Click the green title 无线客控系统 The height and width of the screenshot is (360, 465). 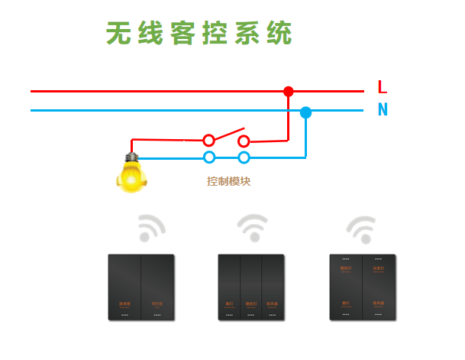(199, 33)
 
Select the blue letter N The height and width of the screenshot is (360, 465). (383, 110)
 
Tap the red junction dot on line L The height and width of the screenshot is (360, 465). (288, 92)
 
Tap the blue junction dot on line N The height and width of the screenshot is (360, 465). (305, 112)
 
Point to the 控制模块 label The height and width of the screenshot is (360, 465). (228, 182)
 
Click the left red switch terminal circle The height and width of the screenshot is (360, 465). (208, 141)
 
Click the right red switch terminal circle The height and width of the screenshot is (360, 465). (244, 141)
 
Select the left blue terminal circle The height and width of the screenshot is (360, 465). (208, 157)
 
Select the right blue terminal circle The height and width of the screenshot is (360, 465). (244, 157)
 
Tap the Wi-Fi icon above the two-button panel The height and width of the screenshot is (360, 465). (151, 228)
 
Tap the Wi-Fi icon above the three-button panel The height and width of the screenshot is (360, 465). (252, 227)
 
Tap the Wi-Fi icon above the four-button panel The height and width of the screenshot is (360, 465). (361, 227)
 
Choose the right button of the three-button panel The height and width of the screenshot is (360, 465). (273, 287)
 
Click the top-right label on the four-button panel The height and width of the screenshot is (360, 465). (378, 269)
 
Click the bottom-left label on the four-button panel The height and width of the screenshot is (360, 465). (345, 303)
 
